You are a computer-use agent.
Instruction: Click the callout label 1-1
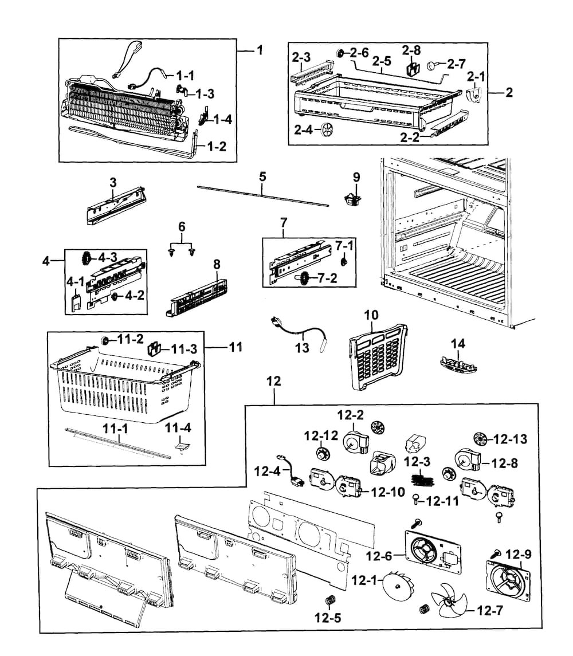(x=185, y=75)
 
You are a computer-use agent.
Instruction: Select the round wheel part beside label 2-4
(x=327, y=129)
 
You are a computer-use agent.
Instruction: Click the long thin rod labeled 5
(x=262, y=194)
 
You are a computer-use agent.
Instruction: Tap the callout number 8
(x=217, y=265)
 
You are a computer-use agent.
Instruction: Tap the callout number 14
(x=458, y=344)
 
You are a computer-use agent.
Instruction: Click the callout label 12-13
(x=510, y=439)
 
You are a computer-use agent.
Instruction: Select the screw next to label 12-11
(x=415, y=500)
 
